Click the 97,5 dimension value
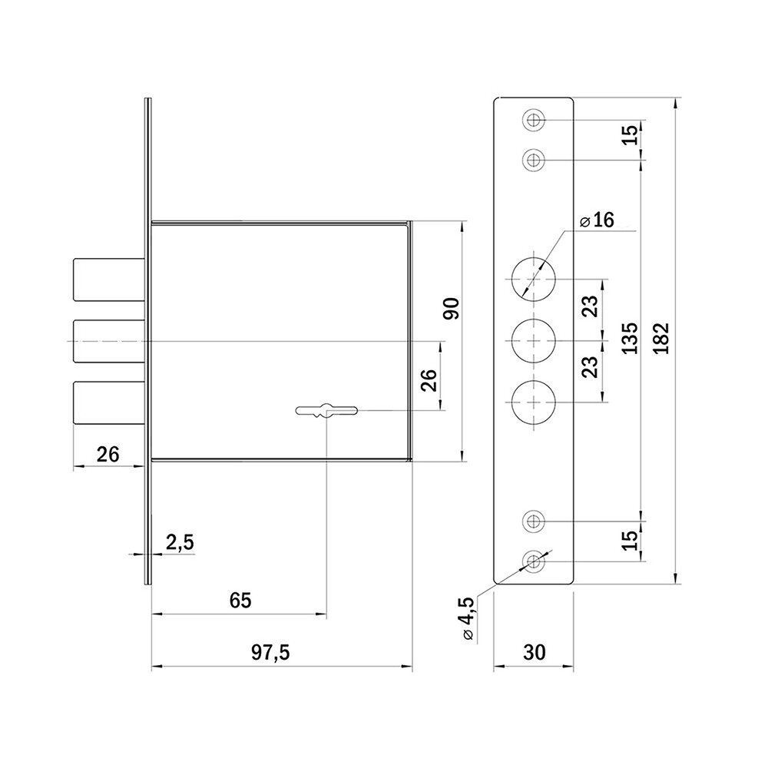tap(270, 652)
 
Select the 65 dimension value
tap(240, 600)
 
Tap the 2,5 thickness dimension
tap(180, 543)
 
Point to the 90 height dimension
tap(451, 308)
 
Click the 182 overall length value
tap(660, 339)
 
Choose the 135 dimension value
tap(630, 339)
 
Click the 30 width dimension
tap(534, 652)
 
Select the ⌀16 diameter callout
tap(597, 220)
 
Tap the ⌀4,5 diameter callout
tap(466, 618)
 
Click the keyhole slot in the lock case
tap(326, 410)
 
